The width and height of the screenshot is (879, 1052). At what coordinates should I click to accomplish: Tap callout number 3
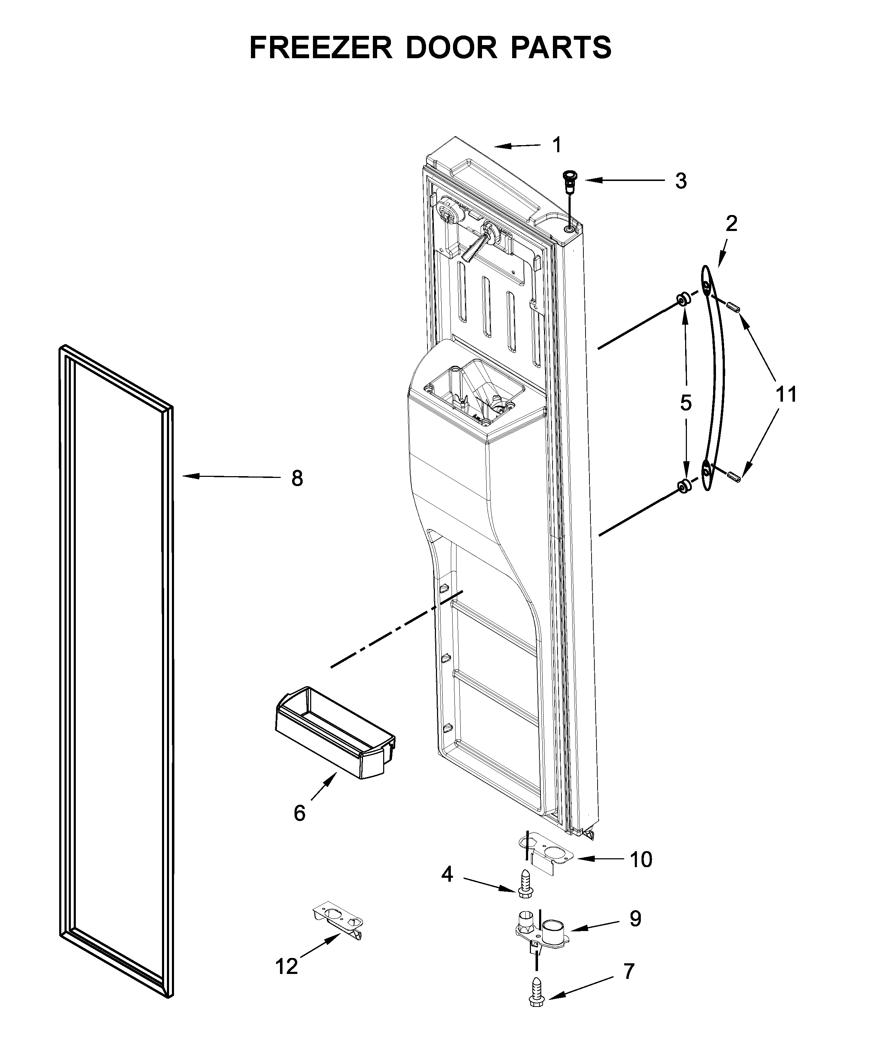(681, 181)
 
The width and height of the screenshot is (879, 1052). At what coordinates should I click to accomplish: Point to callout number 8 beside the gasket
(297, 479)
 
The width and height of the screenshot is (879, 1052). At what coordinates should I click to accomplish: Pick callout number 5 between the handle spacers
(686, 402)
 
